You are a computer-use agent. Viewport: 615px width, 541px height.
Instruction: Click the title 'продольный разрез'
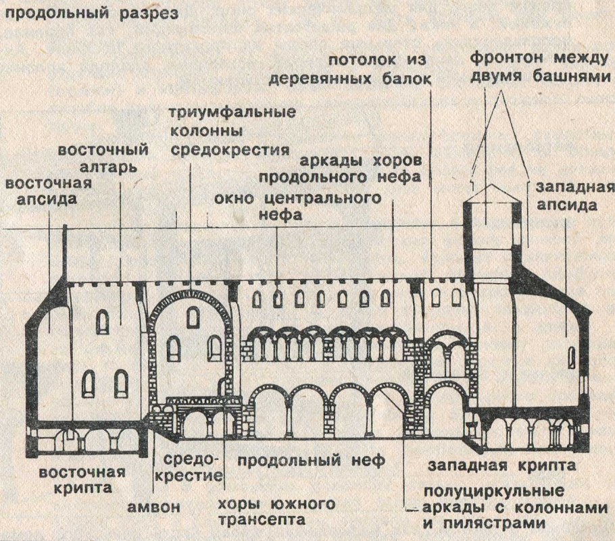click(x=90, y=14)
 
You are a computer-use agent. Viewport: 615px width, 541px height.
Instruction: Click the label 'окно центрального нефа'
click(x=295, y=207)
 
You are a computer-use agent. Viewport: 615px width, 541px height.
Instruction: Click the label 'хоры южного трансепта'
click(x=277, y=511)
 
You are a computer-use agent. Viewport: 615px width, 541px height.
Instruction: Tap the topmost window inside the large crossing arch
click(x=193, y=316)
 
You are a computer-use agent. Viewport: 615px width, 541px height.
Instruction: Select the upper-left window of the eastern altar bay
click(x=103, y=322)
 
